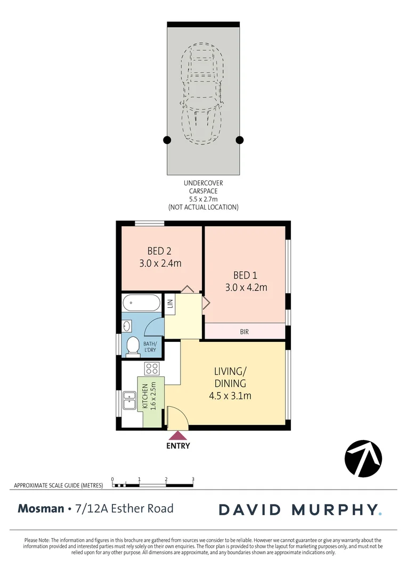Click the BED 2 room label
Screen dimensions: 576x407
tap(160, 251)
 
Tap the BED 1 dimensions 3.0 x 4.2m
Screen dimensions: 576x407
tap(245, 287)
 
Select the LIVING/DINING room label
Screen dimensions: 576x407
tap(230, 377)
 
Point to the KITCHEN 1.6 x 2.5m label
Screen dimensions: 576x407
tap(149, 395)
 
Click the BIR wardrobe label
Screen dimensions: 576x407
tap(245, 332)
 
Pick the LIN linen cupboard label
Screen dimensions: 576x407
tap(170, 304)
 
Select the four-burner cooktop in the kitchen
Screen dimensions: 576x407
tap(152, 368)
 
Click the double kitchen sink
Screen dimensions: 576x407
tap(129, 400)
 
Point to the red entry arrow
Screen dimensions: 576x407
tap(178, 435)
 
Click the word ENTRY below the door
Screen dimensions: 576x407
tap(178, 446)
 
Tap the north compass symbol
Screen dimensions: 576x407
tap(363, 458)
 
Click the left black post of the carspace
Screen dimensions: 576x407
tap(167, 140)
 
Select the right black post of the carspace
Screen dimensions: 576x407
tap(240, 140)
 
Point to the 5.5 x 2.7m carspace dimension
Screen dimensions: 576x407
tap(203, 198)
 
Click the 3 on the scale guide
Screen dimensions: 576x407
tap(193, 479)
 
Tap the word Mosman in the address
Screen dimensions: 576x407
tap(40, 508)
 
